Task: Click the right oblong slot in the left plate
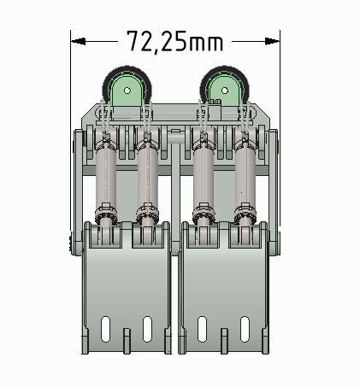click(147, 328)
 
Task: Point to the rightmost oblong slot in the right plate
click(245, 328)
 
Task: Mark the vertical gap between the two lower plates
click(175, 299)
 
